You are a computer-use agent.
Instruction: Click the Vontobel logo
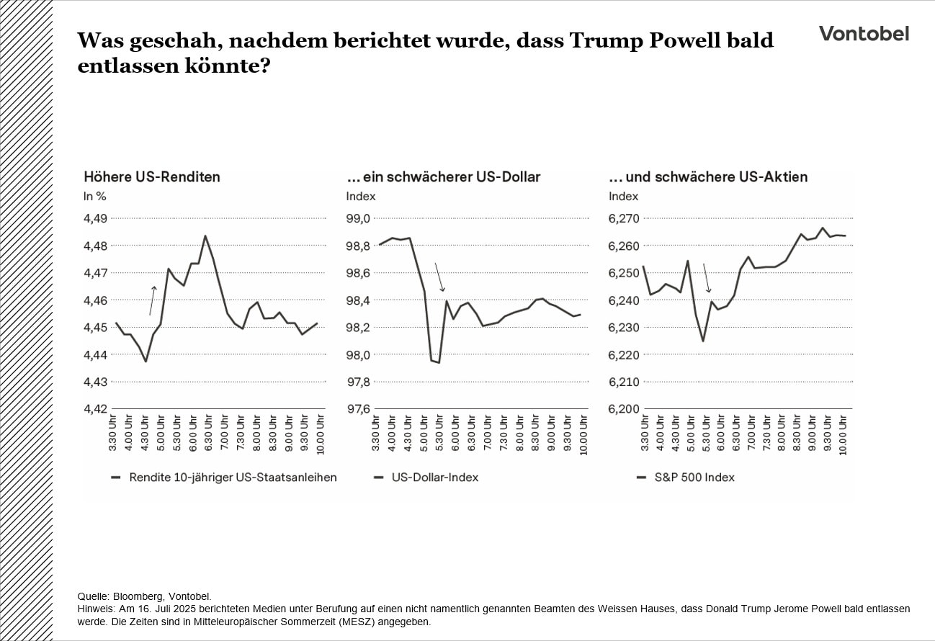[x=864, y=33]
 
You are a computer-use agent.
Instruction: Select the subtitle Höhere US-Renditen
[x=152, y=176]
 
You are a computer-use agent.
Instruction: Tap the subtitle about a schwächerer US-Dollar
[x=443, y=176]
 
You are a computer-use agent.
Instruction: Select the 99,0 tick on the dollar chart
[x=359, y=218]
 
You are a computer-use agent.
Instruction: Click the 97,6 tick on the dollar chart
[x=359, y=409]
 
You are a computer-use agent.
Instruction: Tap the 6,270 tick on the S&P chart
[x=624, y=218]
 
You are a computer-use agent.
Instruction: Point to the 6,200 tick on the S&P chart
[x=624, y=409]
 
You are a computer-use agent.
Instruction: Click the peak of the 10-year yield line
[x=205, y=236]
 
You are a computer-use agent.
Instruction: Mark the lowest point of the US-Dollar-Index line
[x=439, y=362]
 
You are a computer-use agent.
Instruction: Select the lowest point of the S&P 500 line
[x=703, y=341]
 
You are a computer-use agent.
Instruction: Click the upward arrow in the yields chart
[x=152, y=300]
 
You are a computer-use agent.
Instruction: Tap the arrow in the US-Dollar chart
[x=439, y=277]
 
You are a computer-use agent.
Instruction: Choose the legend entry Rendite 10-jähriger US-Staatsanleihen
[x=232, y=477]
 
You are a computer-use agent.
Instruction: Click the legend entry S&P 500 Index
[x=694, y=477]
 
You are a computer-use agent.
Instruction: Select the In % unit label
[x=94, y=196]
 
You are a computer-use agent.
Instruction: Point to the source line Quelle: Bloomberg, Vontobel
[x=144, y=596]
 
